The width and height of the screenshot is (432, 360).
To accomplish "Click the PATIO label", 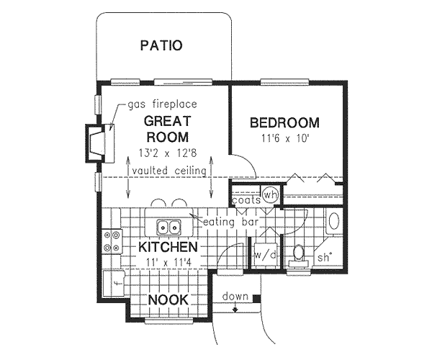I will click(161, 46).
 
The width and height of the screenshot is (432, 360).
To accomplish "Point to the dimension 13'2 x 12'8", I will click(167, 153).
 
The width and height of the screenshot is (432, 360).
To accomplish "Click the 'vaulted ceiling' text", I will click(169, 170).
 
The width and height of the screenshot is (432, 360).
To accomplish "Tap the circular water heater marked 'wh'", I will click(270, 194).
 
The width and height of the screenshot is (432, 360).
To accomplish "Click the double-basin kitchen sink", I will click(168, 228).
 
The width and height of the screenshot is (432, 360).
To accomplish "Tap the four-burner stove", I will click(112, 241).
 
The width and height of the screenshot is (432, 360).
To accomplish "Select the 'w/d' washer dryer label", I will click(261, 254).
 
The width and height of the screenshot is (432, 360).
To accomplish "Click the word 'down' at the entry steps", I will click(235, 297).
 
